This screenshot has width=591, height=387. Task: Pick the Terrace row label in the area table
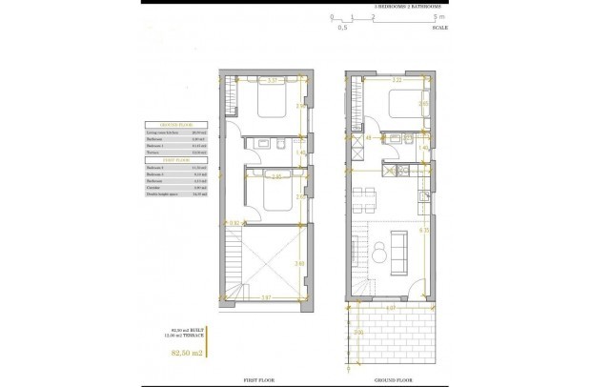[153, 152]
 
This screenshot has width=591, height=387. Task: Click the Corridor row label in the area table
[154, 187]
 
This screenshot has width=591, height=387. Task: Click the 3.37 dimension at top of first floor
[272, 81]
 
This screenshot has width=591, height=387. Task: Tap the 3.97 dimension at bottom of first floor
[268, 298]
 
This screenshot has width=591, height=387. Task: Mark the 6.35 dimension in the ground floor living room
[423, 230]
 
